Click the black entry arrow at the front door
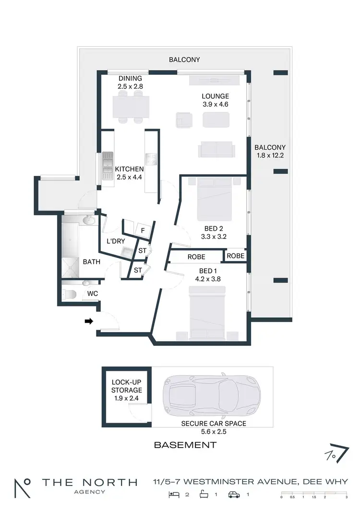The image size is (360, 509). [88, 322]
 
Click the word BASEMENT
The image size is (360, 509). [185, 445]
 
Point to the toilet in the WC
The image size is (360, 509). [68, 293]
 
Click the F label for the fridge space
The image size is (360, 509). [143, 231]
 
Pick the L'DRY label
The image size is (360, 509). [116, 241]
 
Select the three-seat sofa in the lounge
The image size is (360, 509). [216, 150]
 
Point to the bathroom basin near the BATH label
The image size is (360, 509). [88, 220]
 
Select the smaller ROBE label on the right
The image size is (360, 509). [235, 256]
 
